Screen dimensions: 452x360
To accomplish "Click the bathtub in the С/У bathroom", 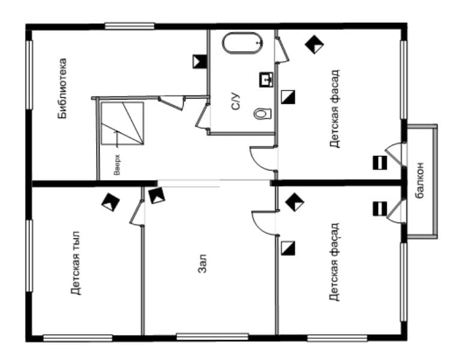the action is point(242,43).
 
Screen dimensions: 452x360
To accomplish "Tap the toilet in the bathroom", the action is point(262,113).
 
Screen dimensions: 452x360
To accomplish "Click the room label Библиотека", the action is point(62,88).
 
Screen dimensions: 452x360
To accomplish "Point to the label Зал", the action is point(202,263).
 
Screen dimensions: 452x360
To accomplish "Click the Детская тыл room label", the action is point(76,263).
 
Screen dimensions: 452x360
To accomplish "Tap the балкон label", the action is point(420,181).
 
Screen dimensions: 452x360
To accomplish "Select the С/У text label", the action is point(236,101).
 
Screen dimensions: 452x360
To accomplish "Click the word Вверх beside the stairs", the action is point(116,165).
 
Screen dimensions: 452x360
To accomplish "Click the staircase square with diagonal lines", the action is point(122,123).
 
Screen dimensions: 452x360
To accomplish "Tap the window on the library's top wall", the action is point(130,26).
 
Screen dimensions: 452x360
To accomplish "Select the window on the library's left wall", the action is point(29,74).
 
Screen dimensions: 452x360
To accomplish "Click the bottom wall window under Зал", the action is point(212,337).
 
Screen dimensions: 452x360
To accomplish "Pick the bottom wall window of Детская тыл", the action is point(77,338).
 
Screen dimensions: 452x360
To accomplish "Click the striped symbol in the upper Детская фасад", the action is point(380,163).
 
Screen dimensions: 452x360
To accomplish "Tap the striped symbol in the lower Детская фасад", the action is point(380,209).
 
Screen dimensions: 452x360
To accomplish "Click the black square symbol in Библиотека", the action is point(200,61).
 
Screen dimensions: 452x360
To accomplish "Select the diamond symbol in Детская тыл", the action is point(110,202).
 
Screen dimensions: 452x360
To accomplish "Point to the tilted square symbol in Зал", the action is point(157,196).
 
